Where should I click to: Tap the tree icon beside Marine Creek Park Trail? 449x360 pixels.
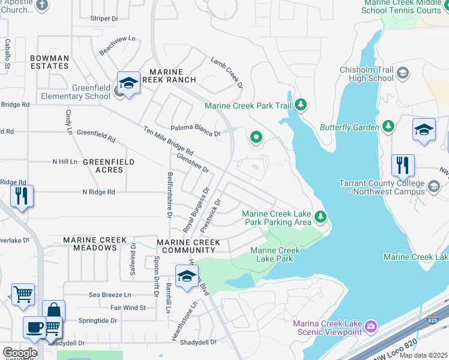(301, 106)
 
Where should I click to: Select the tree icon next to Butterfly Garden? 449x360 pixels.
(389, 127)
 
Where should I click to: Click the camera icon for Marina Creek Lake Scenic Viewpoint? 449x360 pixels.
(372, 326)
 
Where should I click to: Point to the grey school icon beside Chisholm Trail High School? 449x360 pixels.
(403, 73)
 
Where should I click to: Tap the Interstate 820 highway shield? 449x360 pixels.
(432, 320)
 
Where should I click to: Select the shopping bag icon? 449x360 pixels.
(53, 310)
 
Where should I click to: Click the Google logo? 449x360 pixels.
(20, 353)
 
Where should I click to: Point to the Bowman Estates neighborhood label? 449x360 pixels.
(50, 62)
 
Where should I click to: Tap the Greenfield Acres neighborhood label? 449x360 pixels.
(109, 166)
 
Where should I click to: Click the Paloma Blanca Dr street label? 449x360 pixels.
(196, 130)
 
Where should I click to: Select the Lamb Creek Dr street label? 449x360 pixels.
(227, 72)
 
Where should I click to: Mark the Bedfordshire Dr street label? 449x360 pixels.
(170, 195)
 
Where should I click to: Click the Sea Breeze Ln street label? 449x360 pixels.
(110, 295)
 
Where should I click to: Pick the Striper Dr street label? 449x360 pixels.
(104, 19)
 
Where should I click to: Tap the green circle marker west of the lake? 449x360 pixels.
(256, 138)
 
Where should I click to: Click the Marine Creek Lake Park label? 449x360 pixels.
(275, 254)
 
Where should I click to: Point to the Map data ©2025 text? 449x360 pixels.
(423, 355)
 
